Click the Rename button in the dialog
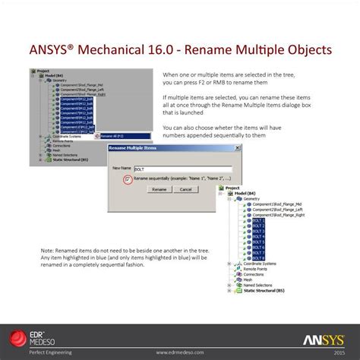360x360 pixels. (x=159, y=189)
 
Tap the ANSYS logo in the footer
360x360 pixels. (x=326, y=339)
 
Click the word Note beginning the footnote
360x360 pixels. (x=48, y=249)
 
